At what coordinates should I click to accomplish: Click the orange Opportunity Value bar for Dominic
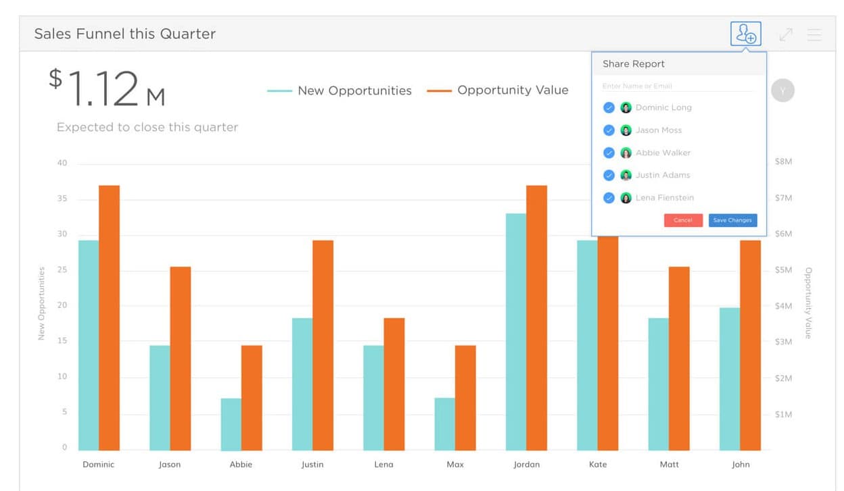pos(109,317)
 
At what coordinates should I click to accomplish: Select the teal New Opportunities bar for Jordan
pos(516,332)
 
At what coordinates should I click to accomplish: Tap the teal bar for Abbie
pos(231,424)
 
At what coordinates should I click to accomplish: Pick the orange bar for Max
pos(465,398)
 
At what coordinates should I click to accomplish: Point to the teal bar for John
pos(730,379)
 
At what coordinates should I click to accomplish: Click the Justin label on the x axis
pos(312,465)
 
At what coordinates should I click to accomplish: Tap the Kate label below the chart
pos(598,465)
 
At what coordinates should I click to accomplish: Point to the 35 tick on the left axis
pos(62,199)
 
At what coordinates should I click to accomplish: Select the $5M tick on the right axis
pos(783,270)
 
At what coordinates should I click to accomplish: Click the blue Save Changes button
pos(732,220)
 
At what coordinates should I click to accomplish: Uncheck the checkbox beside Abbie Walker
pos(609,153)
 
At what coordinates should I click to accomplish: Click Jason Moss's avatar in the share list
pos(626,130)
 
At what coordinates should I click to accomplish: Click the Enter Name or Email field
pos(676,86)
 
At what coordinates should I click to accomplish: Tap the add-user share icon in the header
pos(746,34)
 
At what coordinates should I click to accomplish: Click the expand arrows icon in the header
pos(786,34)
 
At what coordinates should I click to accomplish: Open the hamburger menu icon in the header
pos(815,34)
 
